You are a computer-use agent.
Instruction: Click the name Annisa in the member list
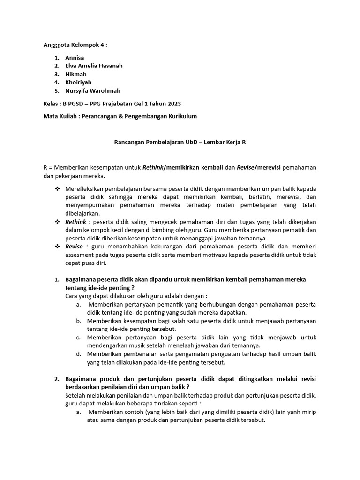point(75,57)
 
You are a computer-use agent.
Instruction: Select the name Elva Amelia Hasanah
point(94,66)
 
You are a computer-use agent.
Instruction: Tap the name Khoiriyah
point(79,82)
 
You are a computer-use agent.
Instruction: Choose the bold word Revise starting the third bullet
point(74,246)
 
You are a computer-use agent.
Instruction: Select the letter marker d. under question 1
point(78,354)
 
